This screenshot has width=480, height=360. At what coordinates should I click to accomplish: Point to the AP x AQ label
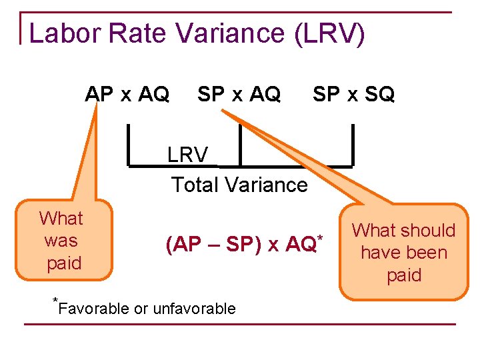click(127, 95)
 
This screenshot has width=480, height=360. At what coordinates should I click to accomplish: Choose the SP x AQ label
click(239, 95)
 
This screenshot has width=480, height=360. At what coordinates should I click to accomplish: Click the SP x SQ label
click(353, 95)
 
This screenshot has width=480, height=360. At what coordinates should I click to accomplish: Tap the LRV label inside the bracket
click(187, 155)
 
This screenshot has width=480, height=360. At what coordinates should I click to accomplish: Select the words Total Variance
click(239, 185)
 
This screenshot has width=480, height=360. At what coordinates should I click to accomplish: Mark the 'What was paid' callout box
click(61, 241)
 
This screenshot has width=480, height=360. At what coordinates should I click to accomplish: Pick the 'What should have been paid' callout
click(403, 253)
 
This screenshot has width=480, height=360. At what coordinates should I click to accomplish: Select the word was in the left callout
click(61, 241)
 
